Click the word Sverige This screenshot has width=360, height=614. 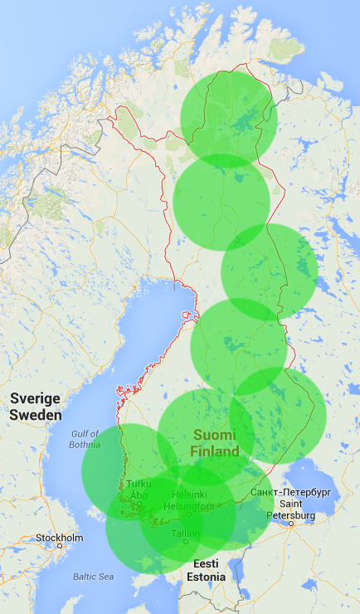tap(36, 399)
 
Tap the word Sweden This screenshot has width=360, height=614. tap(36, 414)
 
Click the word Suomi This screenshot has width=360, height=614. tap(214, 435)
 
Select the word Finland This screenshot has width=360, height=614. tap(214, 451)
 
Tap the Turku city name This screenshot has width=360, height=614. tap(139, 484)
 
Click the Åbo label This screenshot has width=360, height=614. tap(139, 495)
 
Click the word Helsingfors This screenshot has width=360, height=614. tap(189, 506)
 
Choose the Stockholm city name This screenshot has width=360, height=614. tap(59, 538)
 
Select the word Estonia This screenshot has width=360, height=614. tap(206, 577)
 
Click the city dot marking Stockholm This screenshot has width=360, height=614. tap(60, 546)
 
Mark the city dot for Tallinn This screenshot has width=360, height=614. tap(186, 543)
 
